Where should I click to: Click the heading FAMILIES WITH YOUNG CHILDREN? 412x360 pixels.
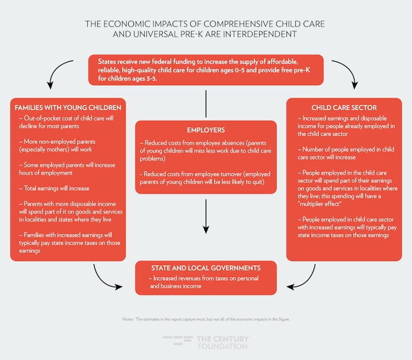[x=68, y=108]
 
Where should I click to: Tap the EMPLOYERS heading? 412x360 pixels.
[x=206, y=130]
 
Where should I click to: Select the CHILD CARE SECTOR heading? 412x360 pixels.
[x=344, y=108]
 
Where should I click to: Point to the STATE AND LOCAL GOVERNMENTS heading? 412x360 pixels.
[x=206, y=268]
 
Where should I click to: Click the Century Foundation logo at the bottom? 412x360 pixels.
[x=206, y=342]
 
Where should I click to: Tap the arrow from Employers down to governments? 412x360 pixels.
[x=206, y=217]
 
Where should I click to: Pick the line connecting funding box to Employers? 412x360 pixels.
[x=206, y=104]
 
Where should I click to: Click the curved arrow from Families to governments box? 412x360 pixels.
[x=103, y=281]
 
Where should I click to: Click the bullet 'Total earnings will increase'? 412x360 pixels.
[x=54, y=188]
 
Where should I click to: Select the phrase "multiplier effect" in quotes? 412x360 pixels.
[x=320, y=204]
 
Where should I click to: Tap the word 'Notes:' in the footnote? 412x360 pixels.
[x=128, y=319]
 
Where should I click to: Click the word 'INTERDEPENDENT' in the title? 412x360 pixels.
[x=258, y=34]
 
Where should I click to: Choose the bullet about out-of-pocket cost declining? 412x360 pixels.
[x=66, y=123]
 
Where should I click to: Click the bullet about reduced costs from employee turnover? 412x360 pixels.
[x=205, y=178]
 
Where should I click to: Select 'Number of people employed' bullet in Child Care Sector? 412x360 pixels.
[x=346, y=153]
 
